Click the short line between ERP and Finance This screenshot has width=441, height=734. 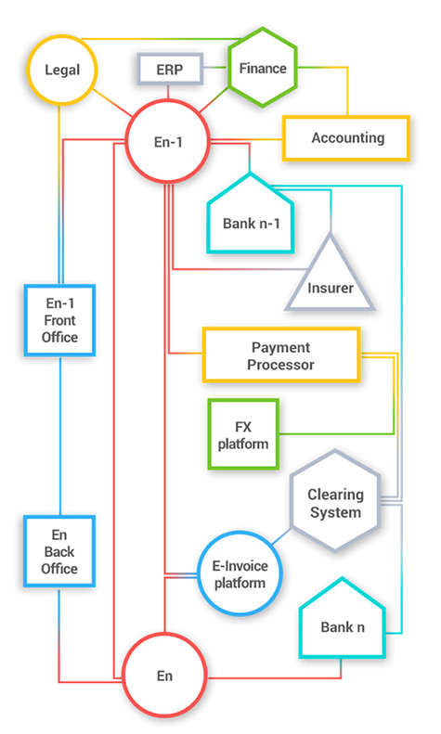coord(215,68)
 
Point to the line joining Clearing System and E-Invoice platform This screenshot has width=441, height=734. coord(281,536)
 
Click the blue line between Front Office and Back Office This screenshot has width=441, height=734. coord(60,436)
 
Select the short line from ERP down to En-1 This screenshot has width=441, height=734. coord(168,92)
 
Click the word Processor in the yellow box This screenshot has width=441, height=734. coord(281,365)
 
